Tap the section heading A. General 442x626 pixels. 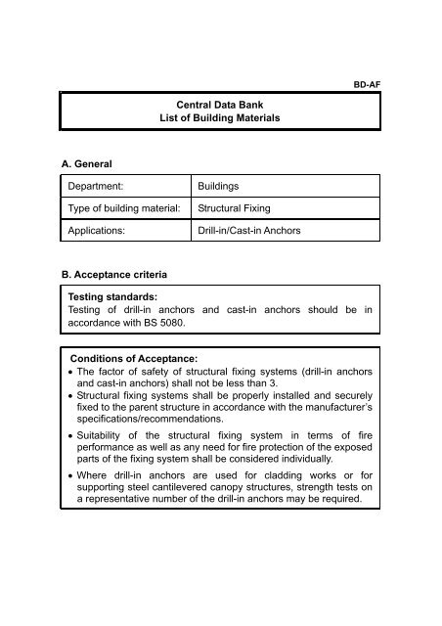[94, 166]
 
